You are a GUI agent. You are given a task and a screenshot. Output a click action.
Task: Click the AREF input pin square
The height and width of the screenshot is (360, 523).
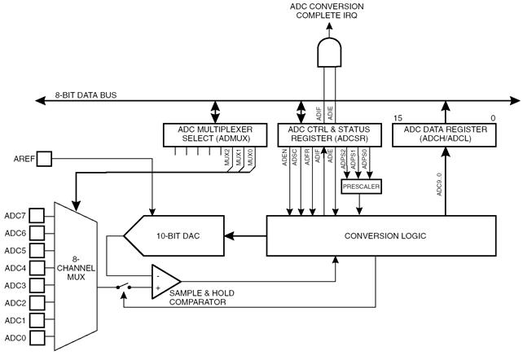[44, 158]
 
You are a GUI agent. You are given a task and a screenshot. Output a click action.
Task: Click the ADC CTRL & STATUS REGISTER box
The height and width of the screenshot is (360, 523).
[329, 134]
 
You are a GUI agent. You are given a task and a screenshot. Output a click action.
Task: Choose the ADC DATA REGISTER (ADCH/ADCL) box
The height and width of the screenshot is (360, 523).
[444, 134]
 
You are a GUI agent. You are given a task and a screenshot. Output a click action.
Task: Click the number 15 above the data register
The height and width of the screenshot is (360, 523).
[398, 118]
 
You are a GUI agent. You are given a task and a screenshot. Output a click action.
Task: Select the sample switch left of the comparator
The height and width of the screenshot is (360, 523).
[123, 287]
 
